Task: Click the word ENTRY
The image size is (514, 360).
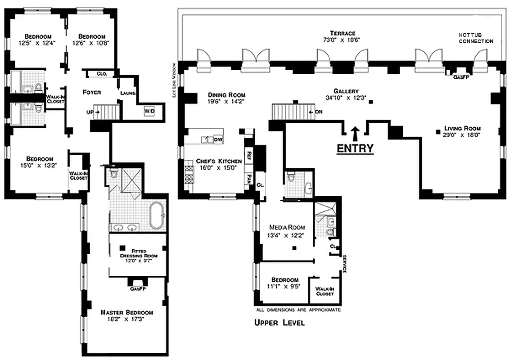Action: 355,148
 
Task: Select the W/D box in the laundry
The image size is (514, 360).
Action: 149,111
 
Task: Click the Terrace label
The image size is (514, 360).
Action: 342,33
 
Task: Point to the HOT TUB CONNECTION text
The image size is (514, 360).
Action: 476,38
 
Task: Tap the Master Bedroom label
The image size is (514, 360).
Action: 126,312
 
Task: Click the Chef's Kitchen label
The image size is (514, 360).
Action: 219,161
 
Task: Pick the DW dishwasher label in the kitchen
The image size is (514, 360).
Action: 218,140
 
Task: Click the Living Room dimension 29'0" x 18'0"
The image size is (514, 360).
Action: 459,135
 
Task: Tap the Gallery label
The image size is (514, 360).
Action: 346,91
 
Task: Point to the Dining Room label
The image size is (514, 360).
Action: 226,95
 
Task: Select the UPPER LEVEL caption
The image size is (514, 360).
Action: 279,323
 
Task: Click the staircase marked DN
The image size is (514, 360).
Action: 289,112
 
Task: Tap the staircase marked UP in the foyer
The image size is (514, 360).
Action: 110,111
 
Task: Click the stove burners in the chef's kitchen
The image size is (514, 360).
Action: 189,178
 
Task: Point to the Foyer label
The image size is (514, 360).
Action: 91,92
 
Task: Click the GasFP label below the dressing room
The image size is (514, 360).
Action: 136,289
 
